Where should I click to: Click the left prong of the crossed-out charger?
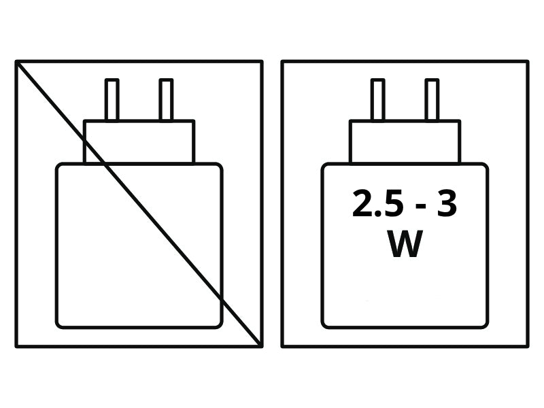[112, 100]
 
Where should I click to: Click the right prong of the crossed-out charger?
[166, 100]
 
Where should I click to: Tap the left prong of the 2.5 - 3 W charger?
[378, 100]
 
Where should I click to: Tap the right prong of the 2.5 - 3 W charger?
[432, 100]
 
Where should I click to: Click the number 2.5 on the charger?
[378, 203]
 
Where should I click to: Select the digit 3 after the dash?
[447, 203]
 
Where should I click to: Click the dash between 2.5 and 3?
[420, 207]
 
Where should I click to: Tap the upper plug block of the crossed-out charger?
[139, 141]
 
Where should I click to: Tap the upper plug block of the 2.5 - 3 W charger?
[405, 141]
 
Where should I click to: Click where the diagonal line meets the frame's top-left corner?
[16, 62]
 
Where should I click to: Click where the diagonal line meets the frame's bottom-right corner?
[261, 345]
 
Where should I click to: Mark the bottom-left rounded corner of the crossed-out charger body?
[60, 324]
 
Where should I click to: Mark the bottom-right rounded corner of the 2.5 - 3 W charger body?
[484, 324]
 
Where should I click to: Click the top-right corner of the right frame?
[528, 62]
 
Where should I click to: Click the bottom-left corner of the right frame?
[283, 345]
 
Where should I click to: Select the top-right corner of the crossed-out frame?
[261, 62]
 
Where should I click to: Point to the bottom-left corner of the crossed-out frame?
[16, 345]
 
